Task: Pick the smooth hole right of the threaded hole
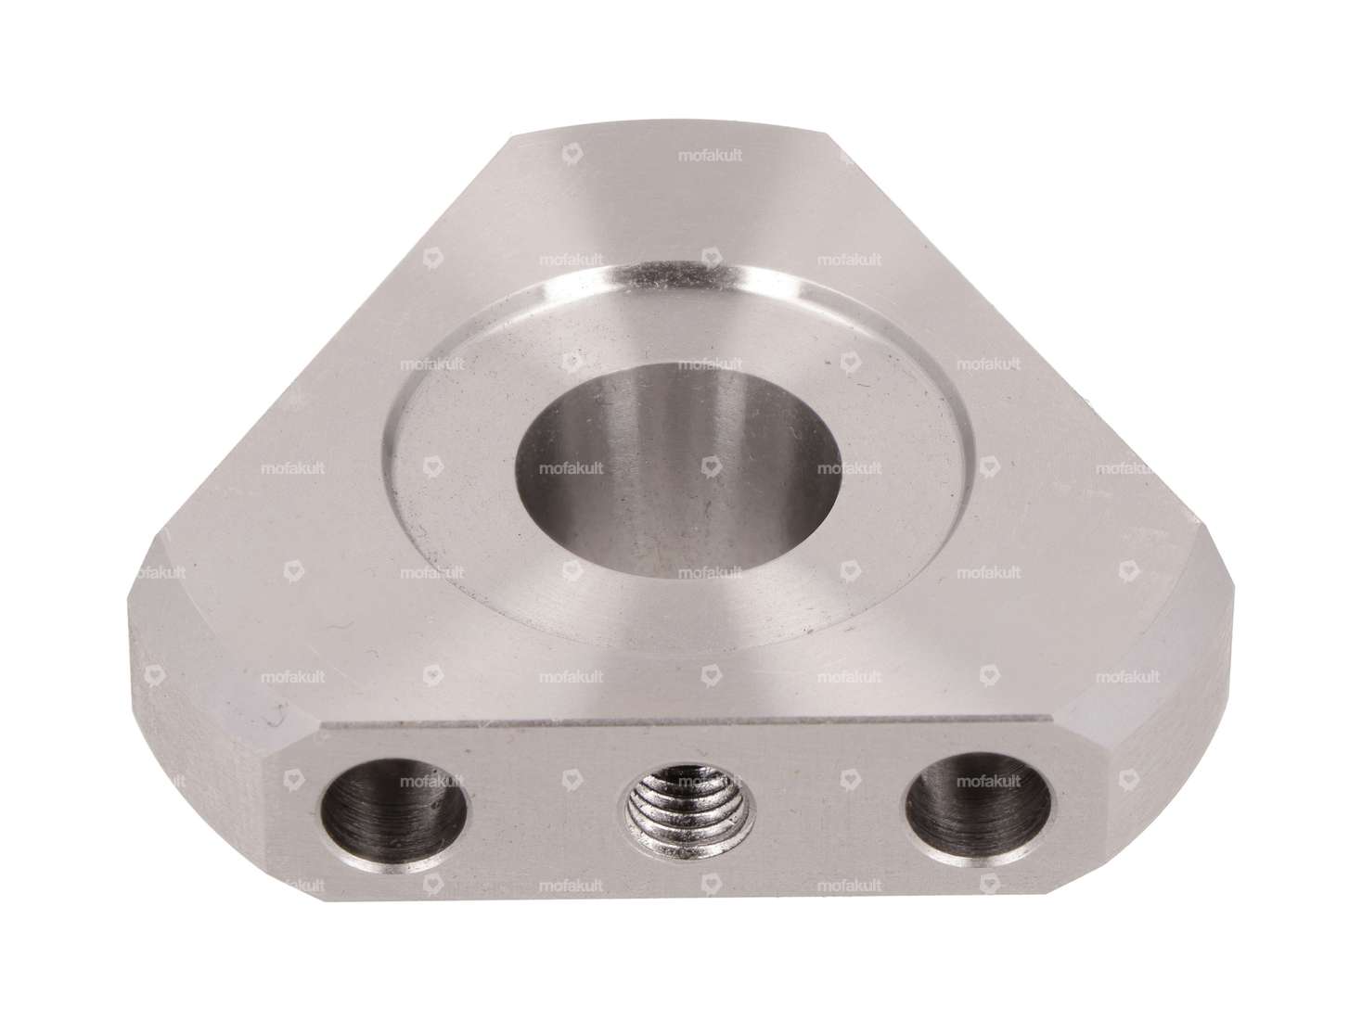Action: (x=980, y=803)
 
